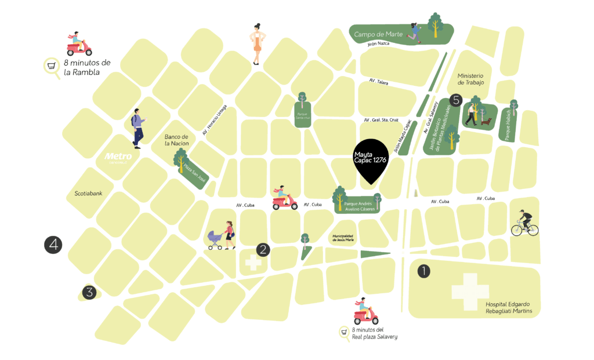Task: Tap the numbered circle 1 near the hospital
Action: point(424,271)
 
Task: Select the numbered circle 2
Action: point(263,250)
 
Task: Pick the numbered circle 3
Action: point(89,292)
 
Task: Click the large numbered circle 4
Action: point(53,245)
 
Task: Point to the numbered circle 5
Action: point(456,100)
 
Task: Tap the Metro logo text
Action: point(118,157)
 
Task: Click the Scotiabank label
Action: point(88,193)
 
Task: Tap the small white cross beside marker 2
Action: point(253,262)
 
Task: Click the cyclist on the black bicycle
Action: point(525,223)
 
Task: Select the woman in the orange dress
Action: point(258,44)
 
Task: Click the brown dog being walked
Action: point(488,121)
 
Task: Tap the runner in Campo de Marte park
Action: point(414,33)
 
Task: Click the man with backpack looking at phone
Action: point(138,128)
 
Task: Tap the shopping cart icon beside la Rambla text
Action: point(52,66)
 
